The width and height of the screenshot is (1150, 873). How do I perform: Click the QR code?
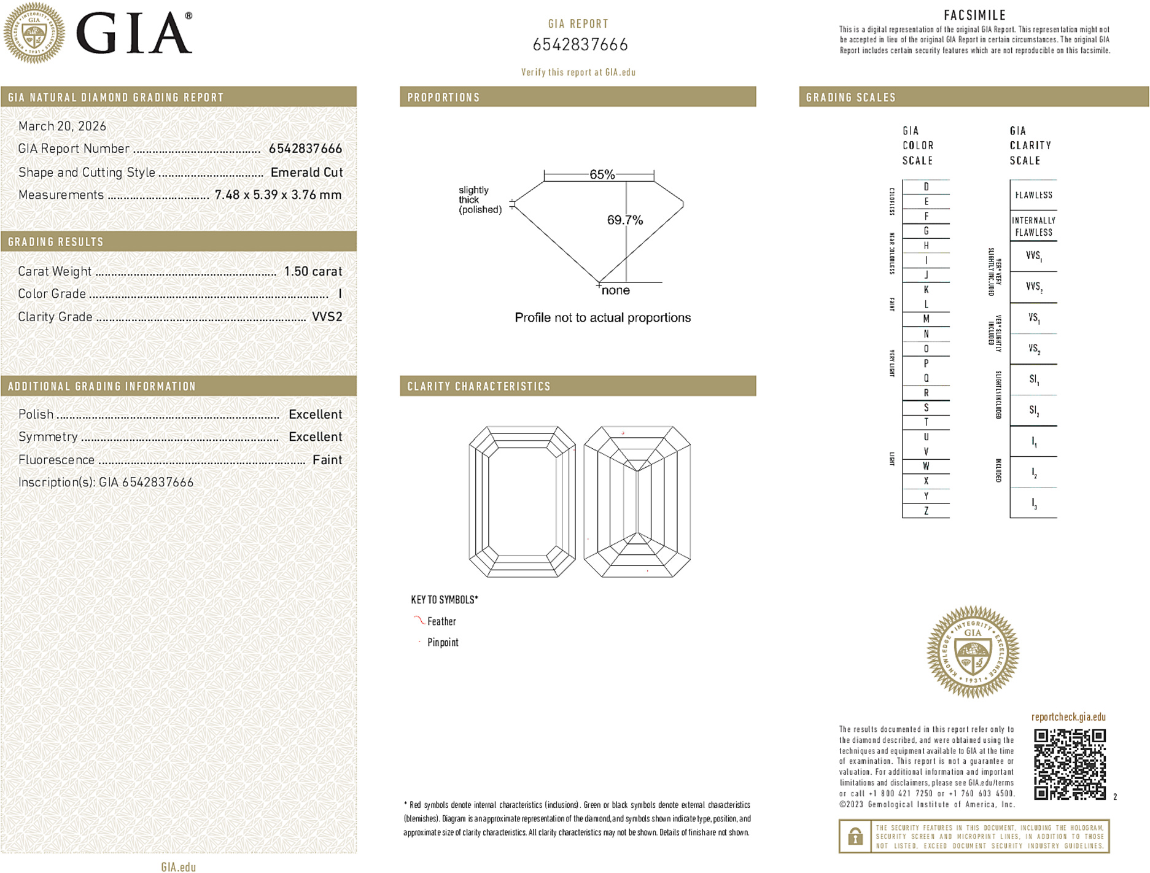1069,764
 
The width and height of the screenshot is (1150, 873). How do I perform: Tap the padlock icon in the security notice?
855,836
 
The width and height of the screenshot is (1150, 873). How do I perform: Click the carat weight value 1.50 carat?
313,271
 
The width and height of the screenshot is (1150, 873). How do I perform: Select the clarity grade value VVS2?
327,317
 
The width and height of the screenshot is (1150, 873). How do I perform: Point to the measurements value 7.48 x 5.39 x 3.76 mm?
278,195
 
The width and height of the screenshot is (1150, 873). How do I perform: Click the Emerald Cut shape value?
306,173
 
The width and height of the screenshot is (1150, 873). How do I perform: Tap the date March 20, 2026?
62,126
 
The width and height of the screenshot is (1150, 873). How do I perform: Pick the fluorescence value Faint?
327,460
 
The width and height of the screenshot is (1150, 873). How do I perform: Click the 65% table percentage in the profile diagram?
602,174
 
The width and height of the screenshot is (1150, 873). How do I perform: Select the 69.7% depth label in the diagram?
624,220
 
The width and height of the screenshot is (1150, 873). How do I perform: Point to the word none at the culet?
615,290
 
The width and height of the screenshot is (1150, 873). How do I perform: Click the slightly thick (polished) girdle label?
480,200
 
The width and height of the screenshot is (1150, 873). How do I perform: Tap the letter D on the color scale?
926,187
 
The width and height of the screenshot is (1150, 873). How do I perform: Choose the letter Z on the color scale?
926,511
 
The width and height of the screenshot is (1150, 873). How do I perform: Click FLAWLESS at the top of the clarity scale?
1033,195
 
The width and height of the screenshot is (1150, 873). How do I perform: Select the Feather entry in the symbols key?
441,621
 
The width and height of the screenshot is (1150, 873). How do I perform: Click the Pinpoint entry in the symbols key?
443,642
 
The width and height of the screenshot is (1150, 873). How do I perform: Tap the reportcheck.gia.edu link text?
1068,717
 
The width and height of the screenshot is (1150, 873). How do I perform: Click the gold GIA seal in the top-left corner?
34,33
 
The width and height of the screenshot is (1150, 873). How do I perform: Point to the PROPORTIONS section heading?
443,98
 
